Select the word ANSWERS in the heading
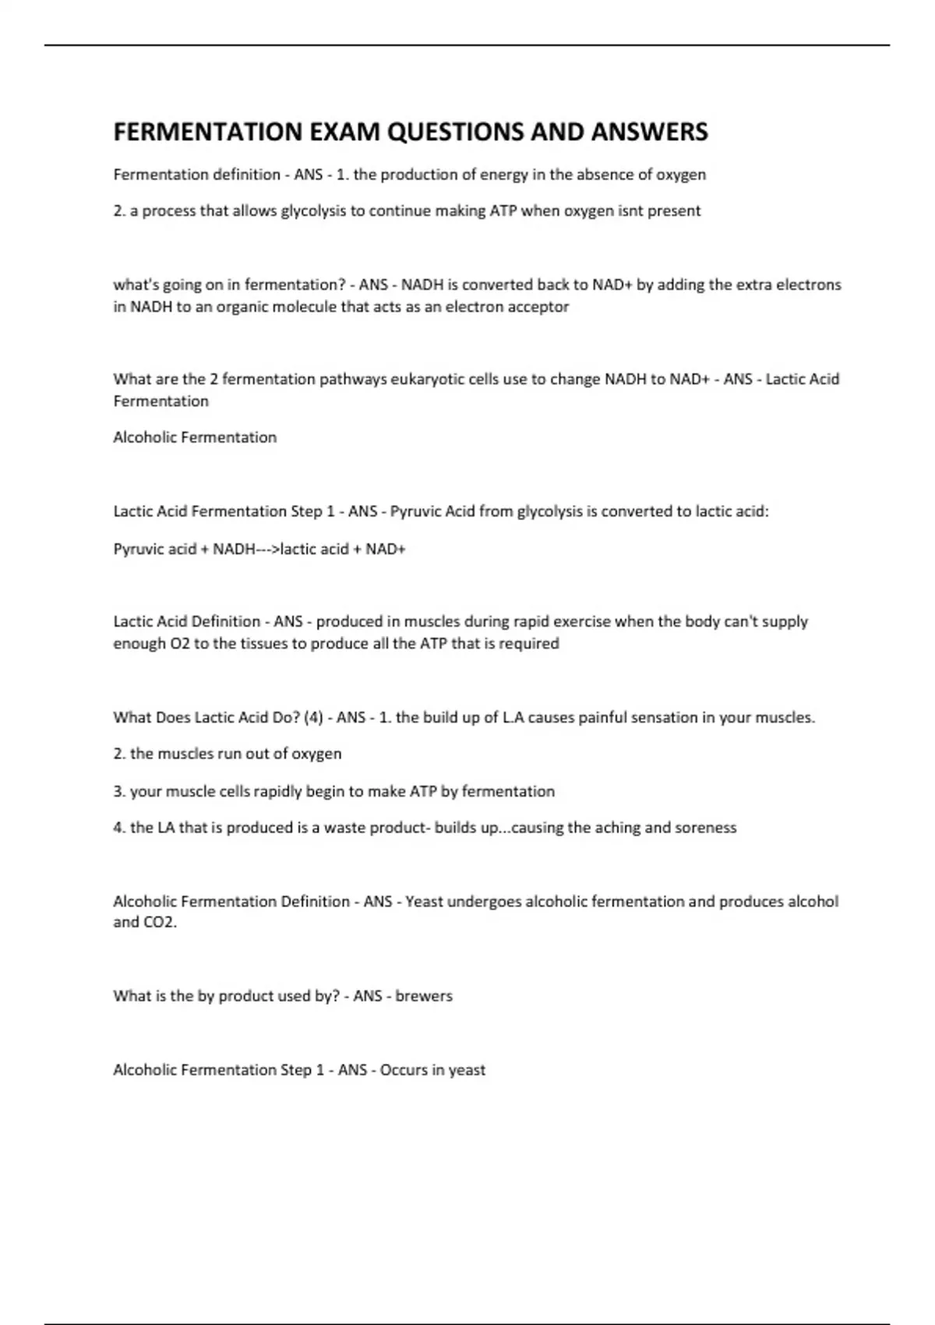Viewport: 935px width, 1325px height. tap(649, 132)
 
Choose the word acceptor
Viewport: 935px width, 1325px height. tap(538, 307)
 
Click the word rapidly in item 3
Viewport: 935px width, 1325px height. tap(278, 791)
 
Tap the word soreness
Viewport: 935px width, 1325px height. tap(706, 828)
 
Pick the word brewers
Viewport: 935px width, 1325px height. tap(424, 996)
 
